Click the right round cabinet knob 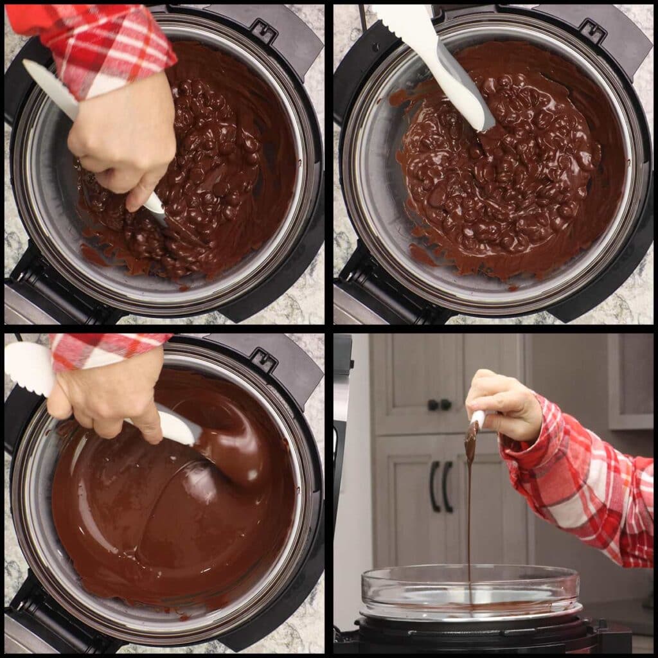(x=445, y=404)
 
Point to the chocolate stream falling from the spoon (x=469, y=514)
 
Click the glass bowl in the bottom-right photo (x=469, y=588)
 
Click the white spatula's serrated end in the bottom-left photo (x=26, y=369)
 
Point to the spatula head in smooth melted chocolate (x=180, y=427)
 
